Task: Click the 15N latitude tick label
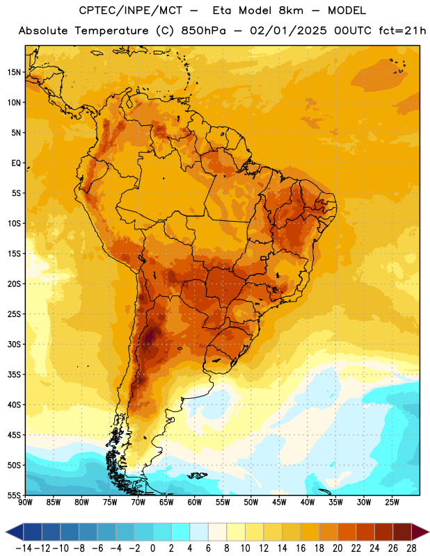(14, 72)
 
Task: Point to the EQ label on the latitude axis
(16, 163)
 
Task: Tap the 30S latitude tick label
(14, 344)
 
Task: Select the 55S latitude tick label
(14, 496)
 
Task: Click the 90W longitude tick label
(25, 502)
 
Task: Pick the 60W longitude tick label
(195, 502)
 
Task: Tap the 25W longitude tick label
(392, 502)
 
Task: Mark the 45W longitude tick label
(279, 502)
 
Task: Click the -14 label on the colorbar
(24, 548)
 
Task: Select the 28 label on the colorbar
(411, 548)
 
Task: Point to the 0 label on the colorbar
(152, 548)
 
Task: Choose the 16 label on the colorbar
(301, 548)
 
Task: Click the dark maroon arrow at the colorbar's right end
(420, 532)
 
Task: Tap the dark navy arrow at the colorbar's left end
(15, 532)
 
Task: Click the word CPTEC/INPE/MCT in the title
(131, 10)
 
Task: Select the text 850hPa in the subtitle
(203, 31)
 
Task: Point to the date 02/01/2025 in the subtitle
(288, 31)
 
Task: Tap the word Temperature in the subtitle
(111, 31)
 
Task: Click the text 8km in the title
(291, 10)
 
